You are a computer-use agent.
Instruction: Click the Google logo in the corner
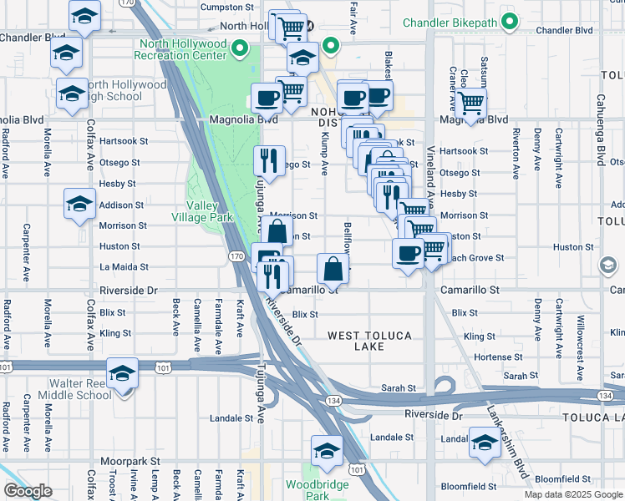click(x=27, y=490)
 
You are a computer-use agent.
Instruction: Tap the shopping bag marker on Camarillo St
click(x=333, y=269)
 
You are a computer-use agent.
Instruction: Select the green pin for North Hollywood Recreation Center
click(x=241, y=48)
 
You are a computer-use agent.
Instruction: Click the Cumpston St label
click(x=227, y=7)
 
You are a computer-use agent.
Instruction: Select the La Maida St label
click(x=124, y=267)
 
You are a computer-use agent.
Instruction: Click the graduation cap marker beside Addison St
click(x=79, y=204)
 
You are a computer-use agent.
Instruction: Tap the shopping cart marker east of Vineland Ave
click(x=471, y=103)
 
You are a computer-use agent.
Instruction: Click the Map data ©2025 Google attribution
click(x=572, y=493)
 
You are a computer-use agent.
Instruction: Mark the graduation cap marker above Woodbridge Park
click(x=327, y=451)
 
